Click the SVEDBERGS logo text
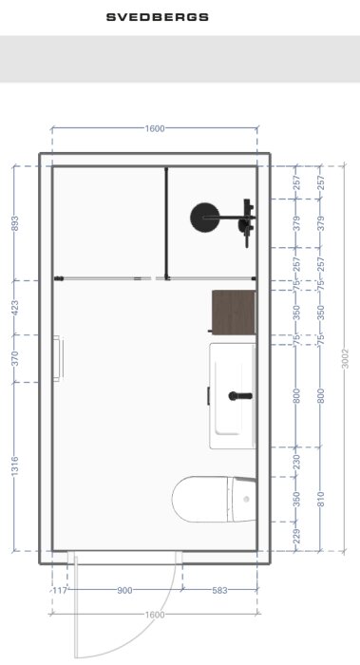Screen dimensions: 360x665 coord(158,17)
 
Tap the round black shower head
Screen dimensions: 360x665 coord(205,218)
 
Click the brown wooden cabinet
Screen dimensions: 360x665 coord(234,313)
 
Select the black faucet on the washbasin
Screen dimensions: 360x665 coord(240,396)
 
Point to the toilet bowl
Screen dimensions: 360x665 coord(200,499)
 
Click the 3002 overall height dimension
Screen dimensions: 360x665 coord(346,358)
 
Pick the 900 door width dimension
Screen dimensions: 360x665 coord(124,590)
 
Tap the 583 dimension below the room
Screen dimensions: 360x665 coord(219,590)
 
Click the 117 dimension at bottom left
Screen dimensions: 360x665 coord(60,590)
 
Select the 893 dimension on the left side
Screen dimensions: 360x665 coord(15,223)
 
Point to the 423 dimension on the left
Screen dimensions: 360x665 coord(15,308)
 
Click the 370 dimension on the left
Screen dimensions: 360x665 coord(15,358)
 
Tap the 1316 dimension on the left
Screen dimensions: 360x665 coord(15,466)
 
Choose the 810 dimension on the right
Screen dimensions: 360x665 coord(321,499)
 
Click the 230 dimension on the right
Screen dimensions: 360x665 coord(296,462)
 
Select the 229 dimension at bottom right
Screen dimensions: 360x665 coord(296,536)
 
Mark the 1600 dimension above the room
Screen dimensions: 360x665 coord(155,128)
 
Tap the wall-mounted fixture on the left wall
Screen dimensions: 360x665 coord(58,358)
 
